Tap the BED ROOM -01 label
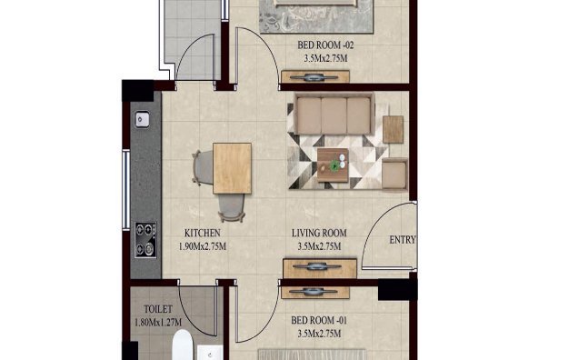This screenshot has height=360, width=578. pyautogui.click(x=318, y=321)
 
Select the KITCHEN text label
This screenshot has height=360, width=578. pyautogui.click(x=201, y=233)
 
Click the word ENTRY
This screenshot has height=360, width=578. pyautogui.click(x=403, y=240)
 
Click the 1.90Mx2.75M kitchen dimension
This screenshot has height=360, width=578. pyautogui.click(x=201, y=246)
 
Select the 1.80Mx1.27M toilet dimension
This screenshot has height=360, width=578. pyautogui.click(x=151, y=322)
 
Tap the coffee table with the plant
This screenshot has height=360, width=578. pyautogui.click(x=337, y=160)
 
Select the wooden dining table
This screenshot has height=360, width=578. pyautogui.click(x=232, y=168)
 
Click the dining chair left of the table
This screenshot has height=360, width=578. pyautogui.click(x=202, y=167)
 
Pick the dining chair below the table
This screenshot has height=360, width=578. pyautogui.click(x=233, y=208)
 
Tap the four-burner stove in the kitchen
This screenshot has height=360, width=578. pyautogui.click(x=144, y=239)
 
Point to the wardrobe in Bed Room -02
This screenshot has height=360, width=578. pyautogui.click(x=315, y=76)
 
